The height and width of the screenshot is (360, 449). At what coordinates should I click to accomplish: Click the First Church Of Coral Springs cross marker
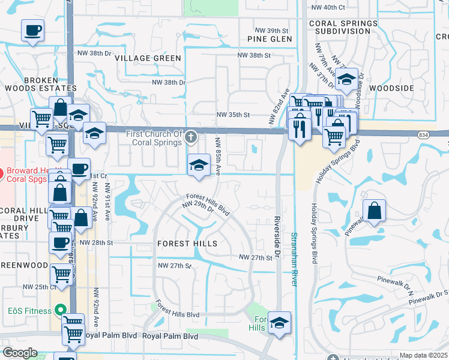pos(191,137)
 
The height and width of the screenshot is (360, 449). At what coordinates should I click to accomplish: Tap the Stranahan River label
pos(294,259)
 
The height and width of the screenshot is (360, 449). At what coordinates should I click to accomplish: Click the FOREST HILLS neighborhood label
pos(187,244)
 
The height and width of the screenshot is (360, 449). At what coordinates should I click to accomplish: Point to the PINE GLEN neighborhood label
pos(269,39)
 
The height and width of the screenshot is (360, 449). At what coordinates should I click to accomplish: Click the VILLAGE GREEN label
pos(148,58)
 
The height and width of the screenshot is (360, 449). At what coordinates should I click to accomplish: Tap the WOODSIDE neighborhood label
pos(391,88)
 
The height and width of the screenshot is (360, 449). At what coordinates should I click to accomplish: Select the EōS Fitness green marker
pos(59,310)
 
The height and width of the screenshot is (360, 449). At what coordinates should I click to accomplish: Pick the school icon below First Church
pos(199,164)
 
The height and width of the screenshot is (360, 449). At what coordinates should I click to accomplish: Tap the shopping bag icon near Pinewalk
pos(374,210)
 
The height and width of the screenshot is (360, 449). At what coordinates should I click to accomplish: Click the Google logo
pos(19,353)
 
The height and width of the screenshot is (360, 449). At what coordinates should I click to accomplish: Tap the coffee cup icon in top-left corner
pos(32,29)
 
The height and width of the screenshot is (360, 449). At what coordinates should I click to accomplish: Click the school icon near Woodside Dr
pos(346,79)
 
